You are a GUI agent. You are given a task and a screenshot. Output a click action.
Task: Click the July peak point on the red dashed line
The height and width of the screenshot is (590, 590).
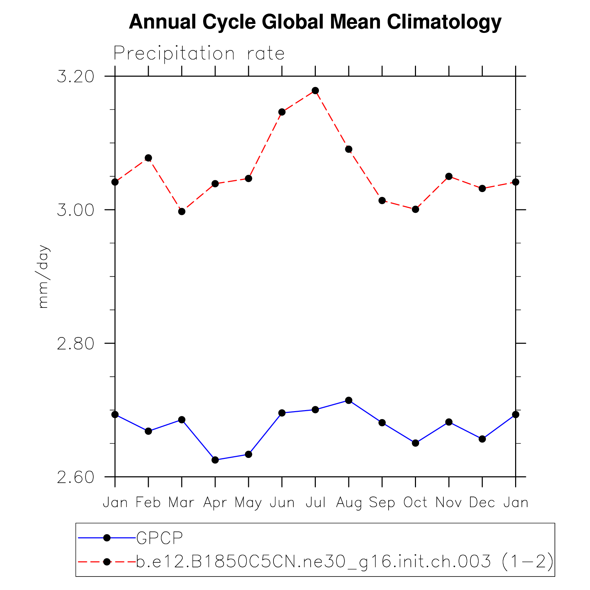pyautogui.click(x=315, y=91)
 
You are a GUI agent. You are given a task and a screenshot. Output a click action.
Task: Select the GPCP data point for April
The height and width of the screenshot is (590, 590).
pyautogui.click(x=215, y=460)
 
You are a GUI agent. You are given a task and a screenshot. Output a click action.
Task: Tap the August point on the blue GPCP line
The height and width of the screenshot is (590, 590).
pyautogui.click(x=349, y=400)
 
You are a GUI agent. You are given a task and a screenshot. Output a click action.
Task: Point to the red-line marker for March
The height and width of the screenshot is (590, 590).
pyautogui.click(x=182, y=211)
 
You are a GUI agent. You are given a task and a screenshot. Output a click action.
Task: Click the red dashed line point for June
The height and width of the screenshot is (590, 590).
pyautogui.click(x=282, y=112)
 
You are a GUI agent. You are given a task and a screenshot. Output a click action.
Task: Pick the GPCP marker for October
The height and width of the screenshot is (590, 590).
pyautogui.click(x=416, y=443)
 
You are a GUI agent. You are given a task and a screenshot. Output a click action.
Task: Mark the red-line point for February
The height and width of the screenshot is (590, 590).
pyautogui.click(x=148, y=158)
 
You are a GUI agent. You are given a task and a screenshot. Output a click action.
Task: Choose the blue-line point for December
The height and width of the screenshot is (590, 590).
pyautogui.click(x=482, y=439)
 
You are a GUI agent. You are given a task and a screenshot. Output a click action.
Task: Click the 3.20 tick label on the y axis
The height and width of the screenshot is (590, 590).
pyautogui.click(x=76, y=76)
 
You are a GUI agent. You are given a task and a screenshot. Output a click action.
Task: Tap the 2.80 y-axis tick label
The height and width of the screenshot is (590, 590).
pyautogui.click(x=76, y=344)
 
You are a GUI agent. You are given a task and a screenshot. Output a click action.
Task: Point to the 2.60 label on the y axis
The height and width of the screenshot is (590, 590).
pyautogui.click(x=76, y=477)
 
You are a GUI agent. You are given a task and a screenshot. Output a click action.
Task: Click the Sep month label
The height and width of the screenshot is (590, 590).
pyautogui.click(x=382, y=503)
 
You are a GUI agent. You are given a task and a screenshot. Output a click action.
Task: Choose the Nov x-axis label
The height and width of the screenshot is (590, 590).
pyautogui.click(x=449, y=503)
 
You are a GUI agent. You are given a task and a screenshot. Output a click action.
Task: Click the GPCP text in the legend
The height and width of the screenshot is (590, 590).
pyautogui.click(x=159, y=538)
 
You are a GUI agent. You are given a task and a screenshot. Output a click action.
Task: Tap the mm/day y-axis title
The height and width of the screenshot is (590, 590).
pyautogui.click(x=43, y=277)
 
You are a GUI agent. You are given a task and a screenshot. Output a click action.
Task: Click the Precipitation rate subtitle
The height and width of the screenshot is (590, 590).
pyautogui.click(x=199, y=54)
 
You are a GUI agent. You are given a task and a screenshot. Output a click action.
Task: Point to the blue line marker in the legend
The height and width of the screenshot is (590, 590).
pyautogui.click(x=107, y=538)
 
